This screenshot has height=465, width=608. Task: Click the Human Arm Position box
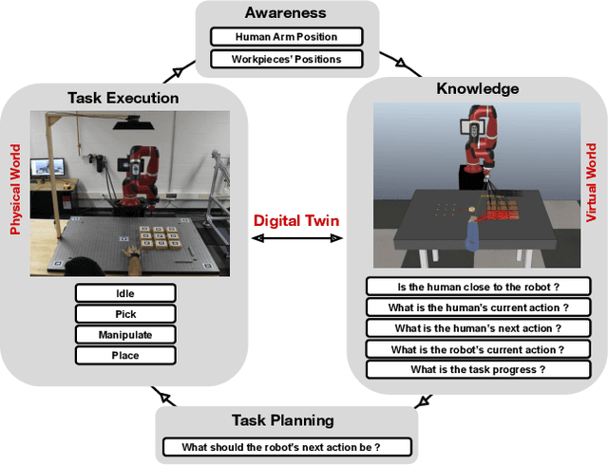(286, 37)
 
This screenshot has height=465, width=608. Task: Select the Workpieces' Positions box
(286, 59)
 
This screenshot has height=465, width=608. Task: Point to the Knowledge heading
(477, 88)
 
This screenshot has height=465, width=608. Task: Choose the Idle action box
(125, 293)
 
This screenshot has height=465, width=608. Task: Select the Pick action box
(125, 314)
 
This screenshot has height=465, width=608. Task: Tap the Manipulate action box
(125, 335)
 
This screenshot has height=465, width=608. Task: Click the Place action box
(125, 356)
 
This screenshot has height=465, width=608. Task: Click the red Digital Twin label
(296, 221)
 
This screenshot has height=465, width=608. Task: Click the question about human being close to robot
(477, 286)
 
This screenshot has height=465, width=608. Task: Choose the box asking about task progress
(477, 369)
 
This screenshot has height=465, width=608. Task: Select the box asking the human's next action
(477, 327)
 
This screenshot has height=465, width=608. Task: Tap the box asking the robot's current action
(477, 348)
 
